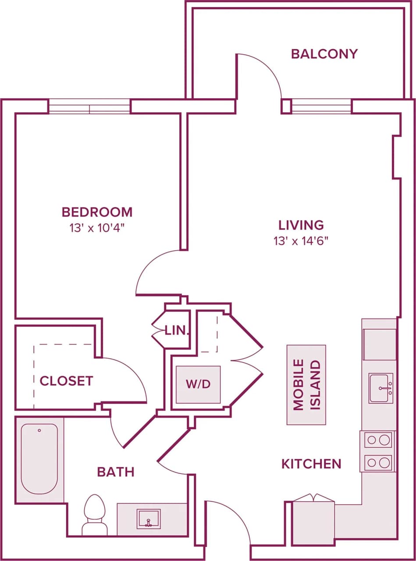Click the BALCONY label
324,54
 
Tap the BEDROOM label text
97,212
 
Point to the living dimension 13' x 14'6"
301,241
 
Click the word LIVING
301,225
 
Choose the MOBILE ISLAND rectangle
306,385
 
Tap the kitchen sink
380,388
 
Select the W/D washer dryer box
198,384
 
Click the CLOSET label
67,381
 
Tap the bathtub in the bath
39,458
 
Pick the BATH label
116,472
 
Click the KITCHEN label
311,464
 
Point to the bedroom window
89,107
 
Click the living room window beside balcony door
321,107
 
